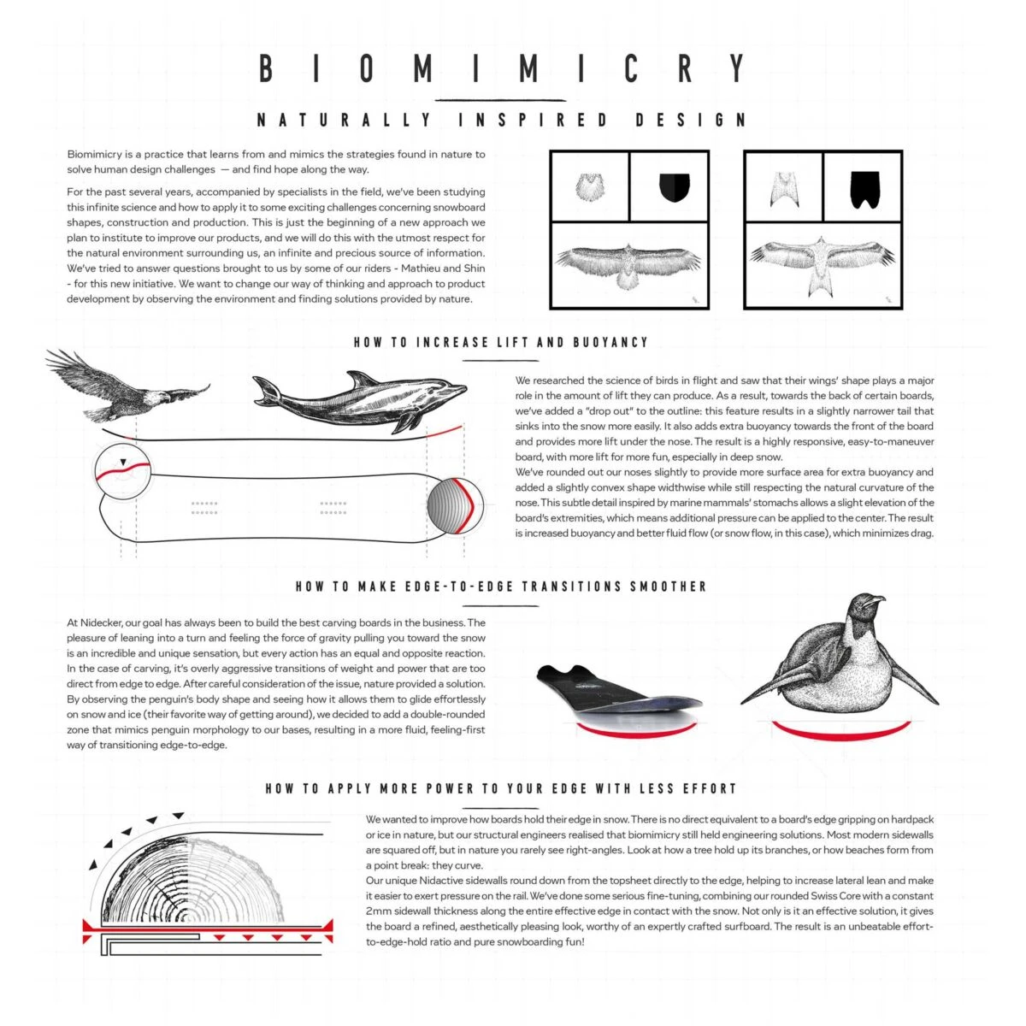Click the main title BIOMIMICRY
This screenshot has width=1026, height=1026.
[503, 68]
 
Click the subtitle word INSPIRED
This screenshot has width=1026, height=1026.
[533, 121]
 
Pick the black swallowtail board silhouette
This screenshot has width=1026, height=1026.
[864, 189]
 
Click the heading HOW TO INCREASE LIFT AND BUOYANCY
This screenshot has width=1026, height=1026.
[501, 343]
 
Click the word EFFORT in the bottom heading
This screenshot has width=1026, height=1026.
[709, 788]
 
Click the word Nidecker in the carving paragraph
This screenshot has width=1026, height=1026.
[103, 622]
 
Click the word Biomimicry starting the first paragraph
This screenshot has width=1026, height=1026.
[95, 155]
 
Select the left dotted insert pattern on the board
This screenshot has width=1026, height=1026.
[204, 508]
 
